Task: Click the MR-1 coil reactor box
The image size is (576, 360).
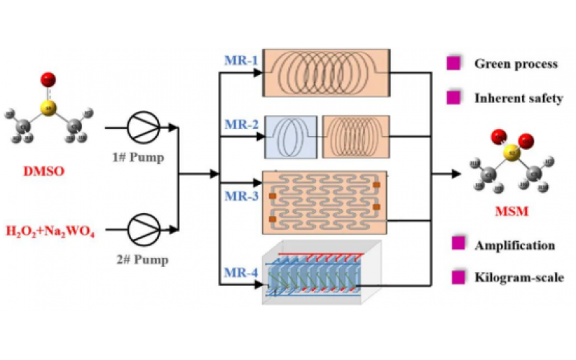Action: (326, 73)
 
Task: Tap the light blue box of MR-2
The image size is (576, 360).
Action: (290, 136)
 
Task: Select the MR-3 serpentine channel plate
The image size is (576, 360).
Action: (324, 201)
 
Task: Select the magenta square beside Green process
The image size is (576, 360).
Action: (454, 64)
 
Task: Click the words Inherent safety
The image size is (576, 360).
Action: (518, 98)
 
